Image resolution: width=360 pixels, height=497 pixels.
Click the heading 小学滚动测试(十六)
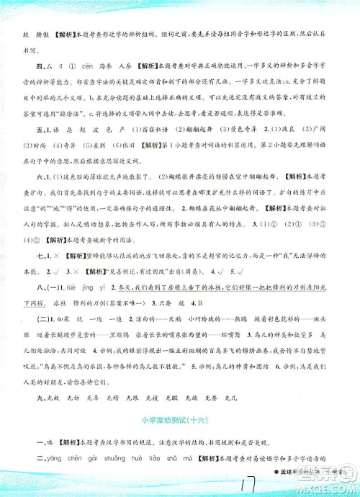179,419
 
